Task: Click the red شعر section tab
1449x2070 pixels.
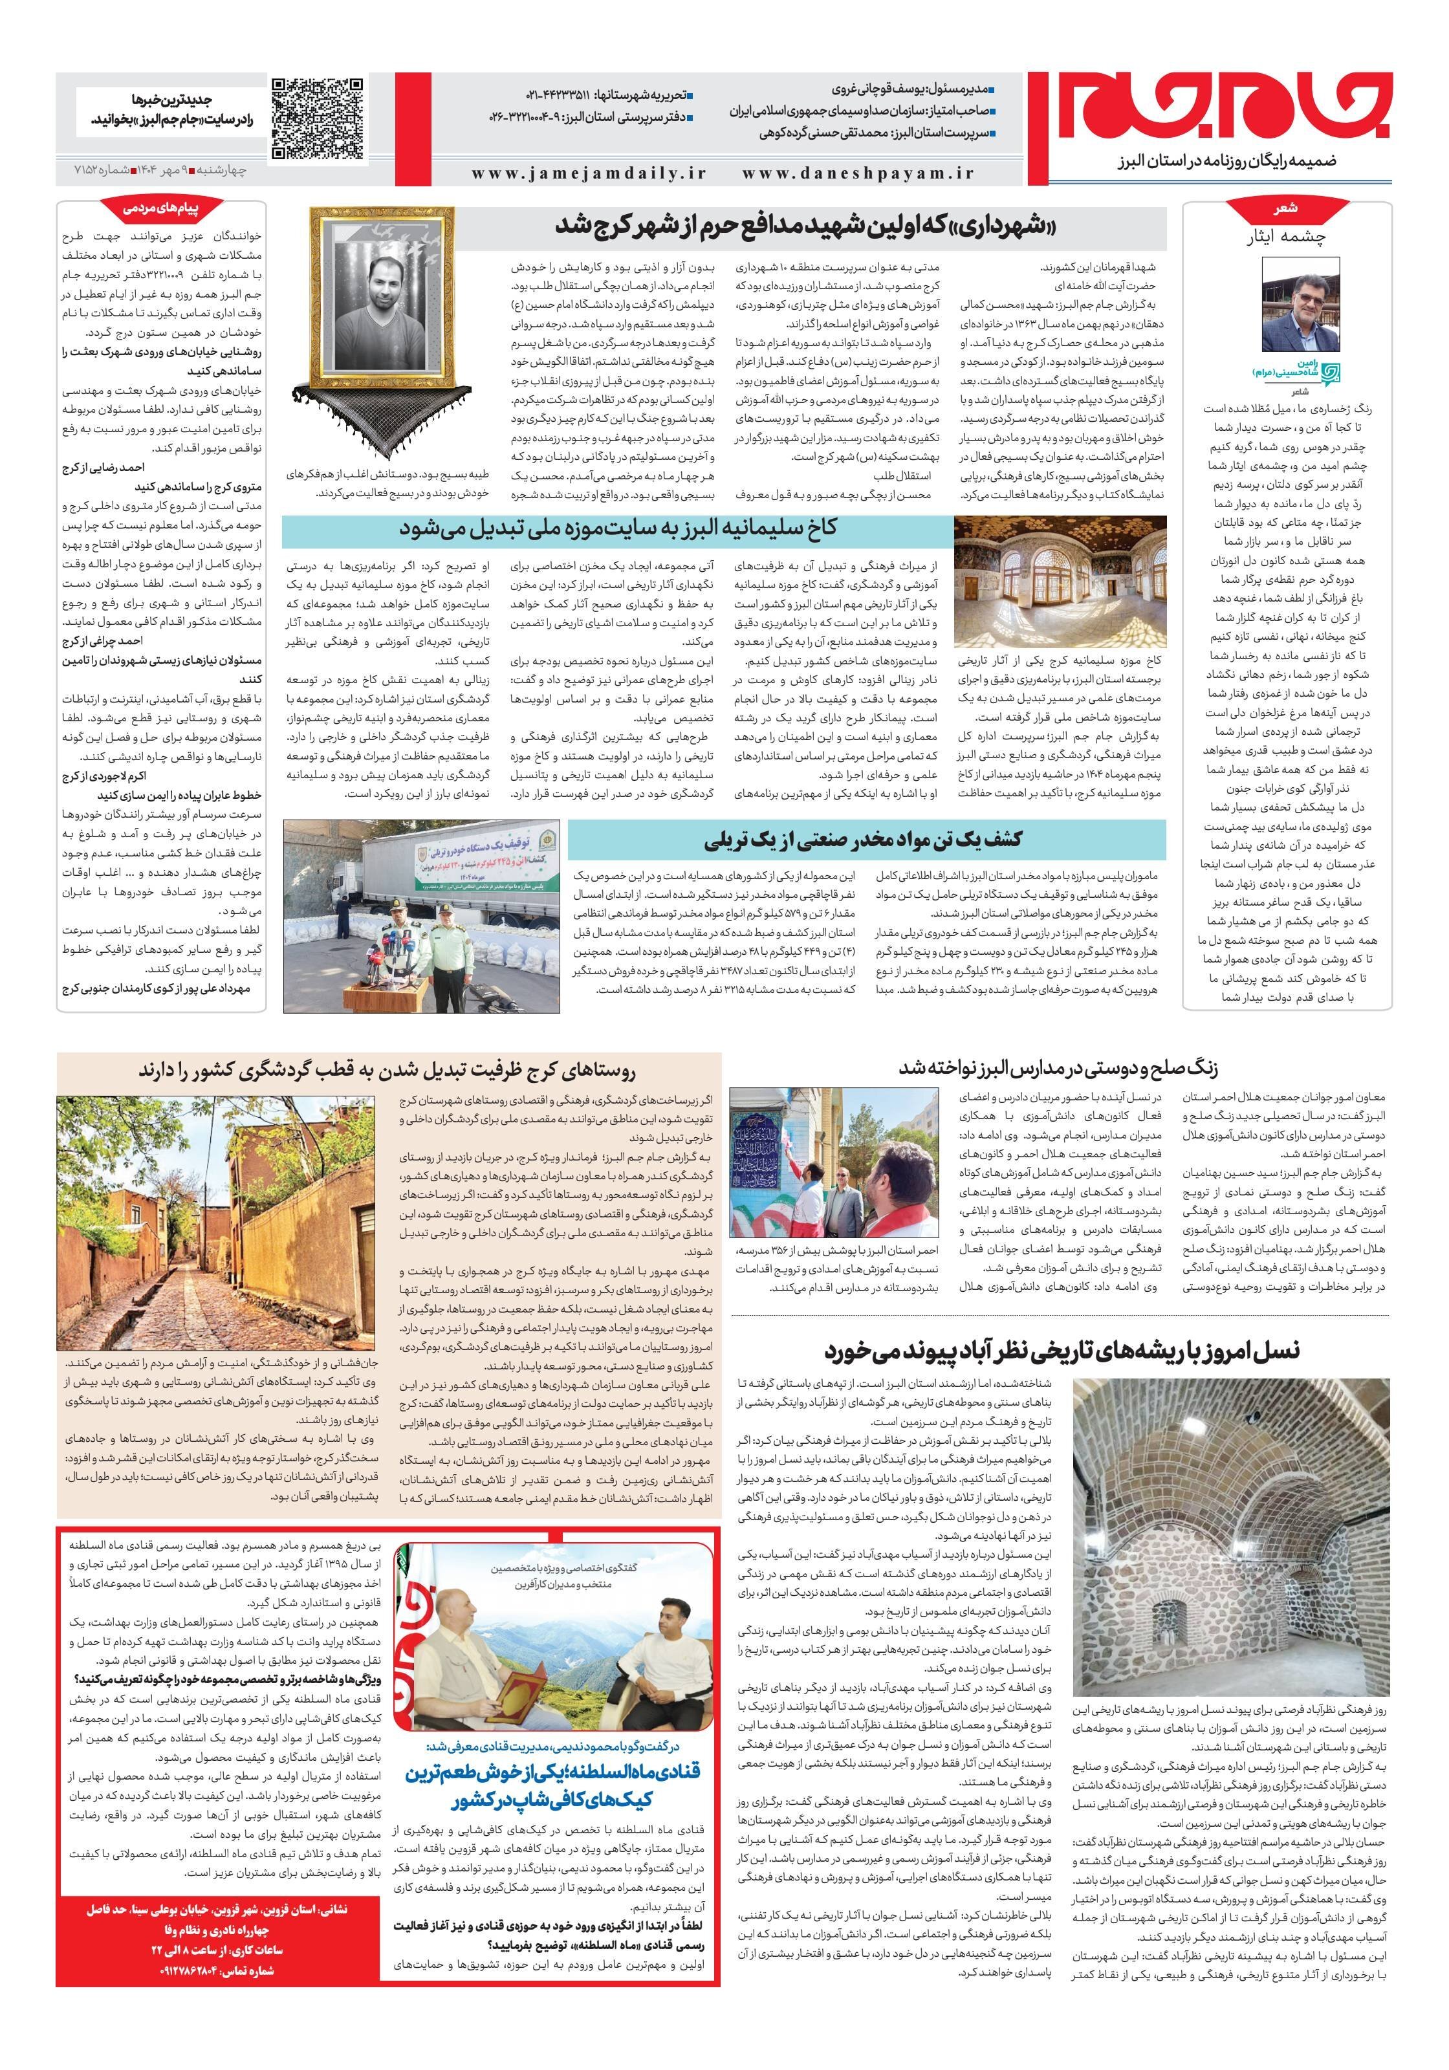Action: tap(1287, 208)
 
